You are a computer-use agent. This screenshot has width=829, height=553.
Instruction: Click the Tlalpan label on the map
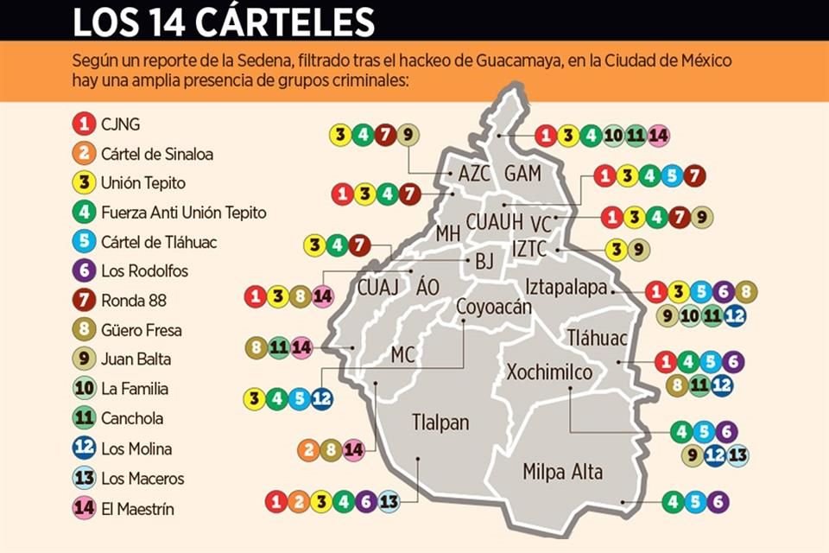pyautogui.click(x=440, y=423)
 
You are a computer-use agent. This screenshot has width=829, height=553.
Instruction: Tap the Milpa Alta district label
pyautogui.click(x=562, y=472)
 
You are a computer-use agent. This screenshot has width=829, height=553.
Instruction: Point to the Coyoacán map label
pyautogui.click(x=494, y=306)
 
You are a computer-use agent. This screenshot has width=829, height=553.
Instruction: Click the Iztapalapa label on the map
pyautogui.click(x=566, y=288)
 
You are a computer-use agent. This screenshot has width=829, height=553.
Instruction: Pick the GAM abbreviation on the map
pyautogui.click(x=522, y=174)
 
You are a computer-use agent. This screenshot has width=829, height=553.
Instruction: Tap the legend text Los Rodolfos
pyautogui.click(x=144, y=271)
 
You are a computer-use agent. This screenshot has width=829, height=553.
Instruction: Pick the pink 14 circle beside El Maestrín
pyautogui.click(x=83, y=508)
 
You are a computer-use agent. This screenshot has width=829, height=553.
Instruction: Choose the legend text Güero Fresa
pyautogui.click(x=142, y=330)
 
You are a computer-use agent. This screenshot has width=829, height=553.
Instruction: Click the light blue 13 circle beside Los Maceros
pyautogui.click(x=83, y=479)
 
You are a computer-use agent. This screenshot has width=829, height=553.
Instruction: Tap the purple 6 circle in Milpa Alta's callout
pyautogui.click(x=718, y=502)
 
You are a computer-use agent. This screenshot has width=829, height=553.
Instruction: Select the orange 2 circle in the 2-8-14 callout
pyautogui.click(x=307, y=450)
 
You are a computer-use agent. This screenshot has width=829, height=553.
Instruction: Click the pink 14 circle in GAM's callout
pyautogui.click(x=659, y=136)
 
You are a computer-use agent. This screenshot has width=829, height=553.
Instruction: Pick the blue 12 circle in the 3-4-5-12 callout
pyautogui.click(x=321, y=399)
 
